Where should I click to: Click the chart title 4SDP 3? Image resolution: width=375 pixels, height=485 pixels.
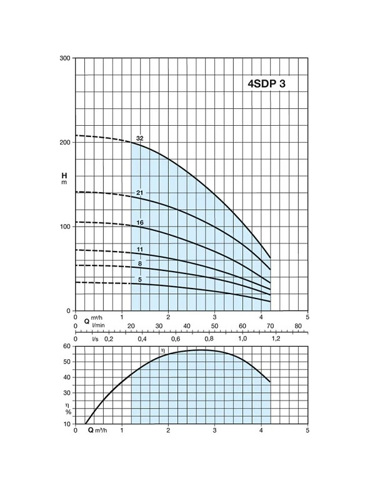point(267,83)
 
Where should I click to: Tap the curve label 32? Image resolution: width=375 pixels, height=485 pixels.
point(140,138)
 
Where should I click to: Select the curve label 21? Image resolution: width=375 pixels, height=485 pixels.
point(140,193)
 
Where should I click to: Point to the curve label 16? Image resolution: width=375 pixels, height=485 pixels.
point(140,223)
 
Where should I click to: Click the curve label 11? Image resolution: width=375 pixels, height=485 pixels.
point(140,250)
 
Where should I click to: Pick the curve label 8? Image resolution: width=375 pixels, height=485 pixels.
point(140,264)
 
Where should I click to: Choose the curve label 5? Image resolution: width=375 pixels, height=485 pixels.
point(140,280)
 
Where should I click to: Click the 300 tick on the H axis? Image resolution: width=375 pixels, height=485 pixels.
point(65,58)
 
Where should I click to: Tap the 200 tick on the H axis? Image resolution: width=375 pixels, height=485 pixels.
point(65,143)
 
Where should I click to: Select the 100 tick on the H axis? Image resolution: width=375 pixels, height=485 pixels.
point(65,227)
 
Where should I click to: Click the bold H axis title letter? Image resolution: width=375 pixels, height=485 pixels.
point(64,176)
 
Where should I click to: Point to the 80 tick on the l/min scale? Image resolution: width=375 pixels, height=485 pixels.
point(298,326)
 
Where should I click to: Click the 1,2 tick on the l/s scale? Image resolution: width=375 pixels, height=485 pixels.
point(276,339)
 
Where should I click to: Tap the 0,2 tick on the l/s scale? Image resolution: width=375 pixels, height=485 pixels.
point(109,339)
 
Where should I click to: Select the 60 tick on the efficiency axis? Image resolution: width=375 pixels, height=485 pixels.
point(67,346)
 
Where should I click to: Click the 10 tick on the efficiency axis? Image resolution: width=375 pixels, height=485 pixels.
point(67,424)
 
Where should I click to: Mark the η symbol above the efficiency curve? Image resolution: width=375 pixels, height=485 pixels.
point(162,350)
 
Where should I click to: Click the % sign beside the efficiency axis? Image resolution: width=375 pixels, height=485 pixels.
point(68,412)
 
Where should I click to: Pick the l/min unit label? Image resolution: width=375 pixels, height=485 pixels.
point(99,325)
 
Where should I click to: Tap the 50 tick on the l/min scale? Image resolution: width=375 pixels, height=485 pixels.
point(214,326)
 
